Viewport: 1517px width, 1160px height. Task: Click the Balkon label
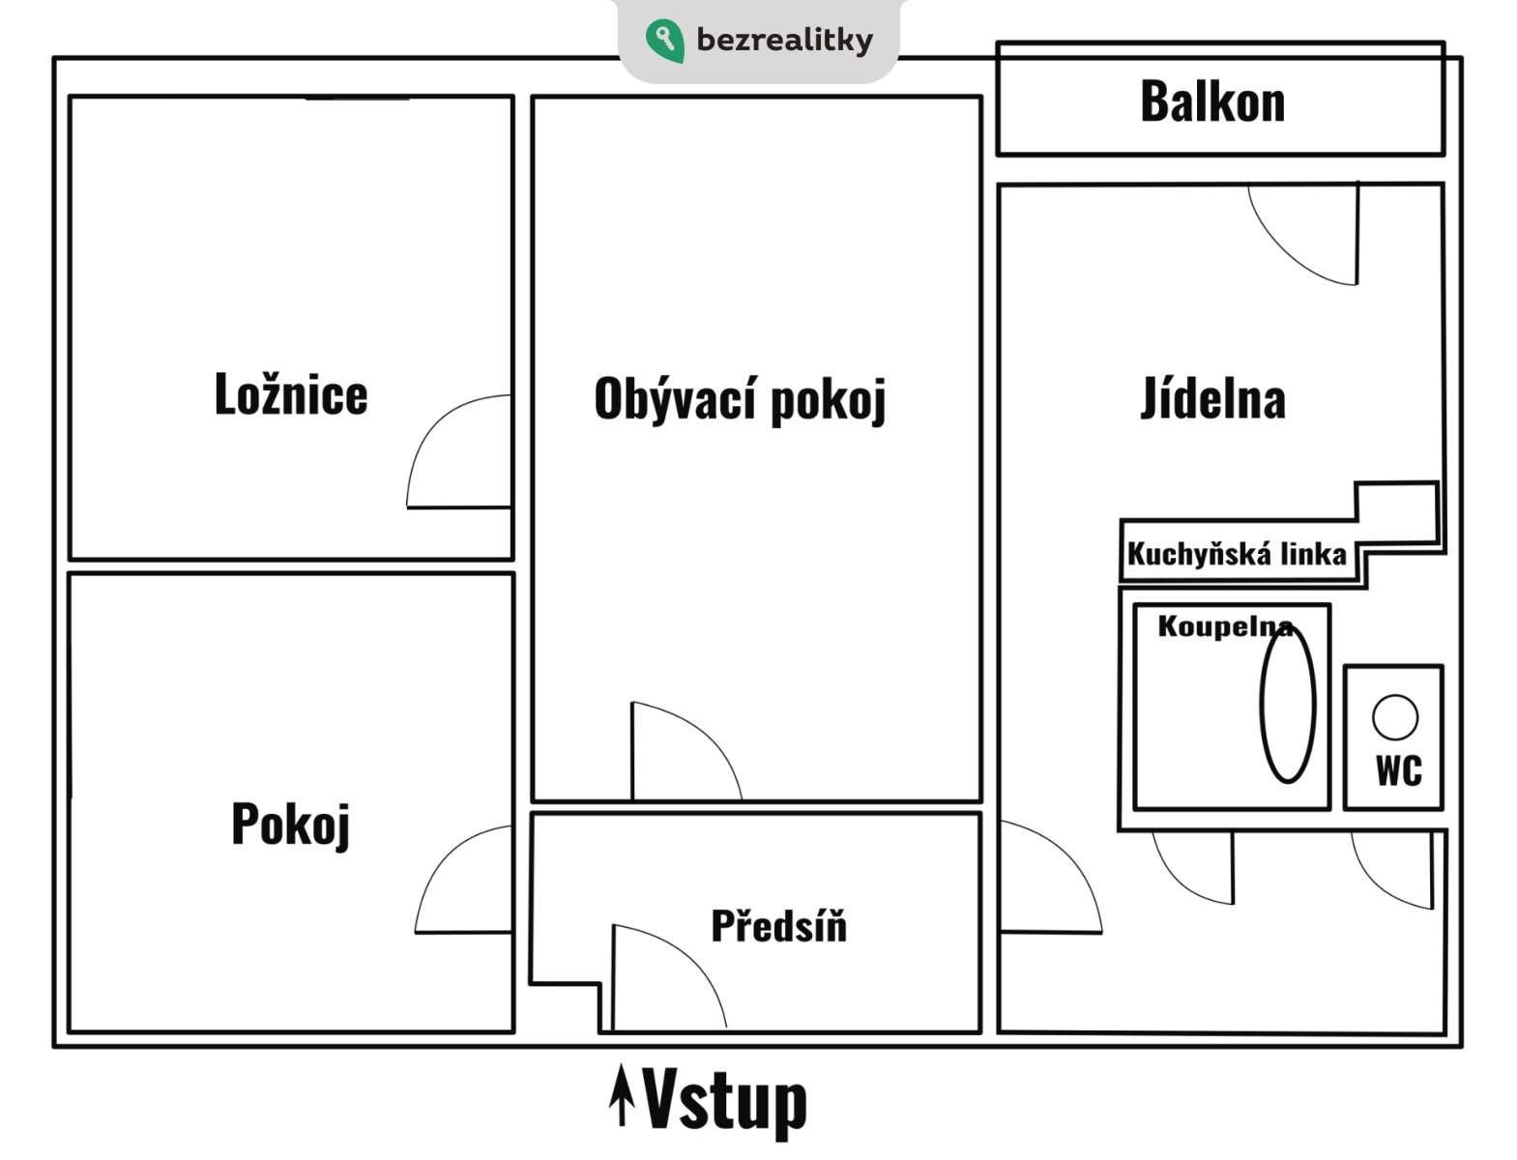pos(1212,101)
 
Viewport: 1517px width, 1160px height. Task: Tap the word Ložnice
pos(291,393)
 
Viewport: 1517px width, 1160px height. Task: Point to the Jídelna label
pos(1212,397)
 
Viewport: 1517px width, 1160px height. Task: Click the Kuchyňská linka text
pos(1237,554)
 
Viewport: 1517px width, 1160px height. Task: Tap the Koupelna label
pos(1225,626)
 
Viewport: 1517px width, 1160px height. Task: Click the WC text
pos(1399,771)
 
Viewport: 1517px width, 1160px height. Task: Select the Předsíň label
pos(779,925)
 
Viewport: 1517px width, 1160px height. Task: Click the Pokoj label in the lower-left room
pos(290,825)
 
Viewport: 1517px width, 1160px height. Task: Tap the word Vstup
pos(724,1103)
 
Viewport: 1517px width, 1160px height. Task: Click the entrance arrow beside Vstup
pos(622,1094)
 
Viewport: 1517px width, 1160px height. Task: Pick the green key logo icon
pos(665,40)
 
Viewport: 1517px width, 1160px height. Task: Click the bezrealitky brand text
pos(784,40)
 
